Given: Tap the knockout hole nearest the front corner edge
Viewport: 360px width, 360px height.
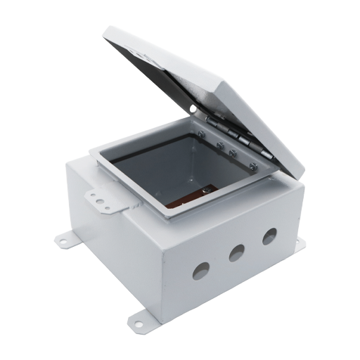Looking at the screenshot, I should click(202, 269).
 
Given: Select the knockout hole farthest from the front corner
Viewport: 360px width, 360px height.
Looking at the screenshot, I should click(269, 236).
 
